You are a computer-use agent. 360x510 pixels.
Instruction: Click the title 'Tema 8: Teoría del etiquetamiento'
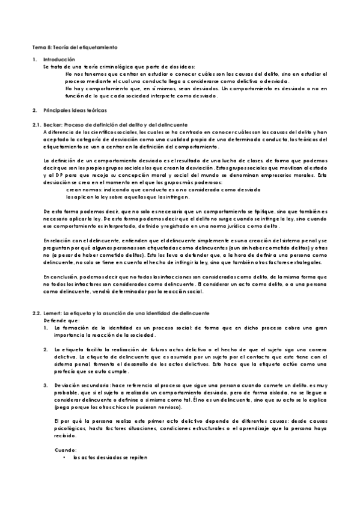pyautogui.click(x=75, y=46)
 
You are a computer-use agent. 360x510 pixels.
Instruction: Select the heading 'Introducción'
pyautogui.click(x=59, y=60)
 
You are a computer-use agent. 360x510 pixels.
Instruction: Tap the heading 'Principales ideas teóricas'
pyautogui.click(x=75, y=111)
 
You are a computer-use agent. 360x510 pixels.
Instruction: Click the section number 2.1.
pyautogui.click(x=35, y=123)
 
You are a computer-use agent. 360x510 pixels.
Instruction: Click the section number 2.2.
pyautogui.click(x=35, y=313)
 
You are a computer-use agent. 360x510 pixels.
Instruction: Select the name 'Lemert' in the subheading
pyautogui.click(x=53, y=313)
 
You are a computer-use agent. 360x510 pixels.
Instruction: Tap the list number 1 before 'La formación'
pyautogui.click(x=46, y=328)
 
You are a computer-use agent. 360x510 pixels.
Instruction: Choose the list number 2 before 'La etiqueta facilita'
pyautogui.click(x=46, y=349)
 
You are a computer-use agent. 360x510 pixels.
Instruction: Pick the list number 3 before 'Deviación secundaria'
pyautogui.click(x=46, y=383)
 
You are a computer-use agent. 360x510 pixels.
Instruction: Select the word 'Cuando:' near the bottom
pyautogui.click(x=65, y=450)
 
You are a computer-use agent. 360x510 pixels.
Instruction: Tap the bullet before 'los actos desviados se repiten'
pyautogui.click(x=64, y=458)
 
